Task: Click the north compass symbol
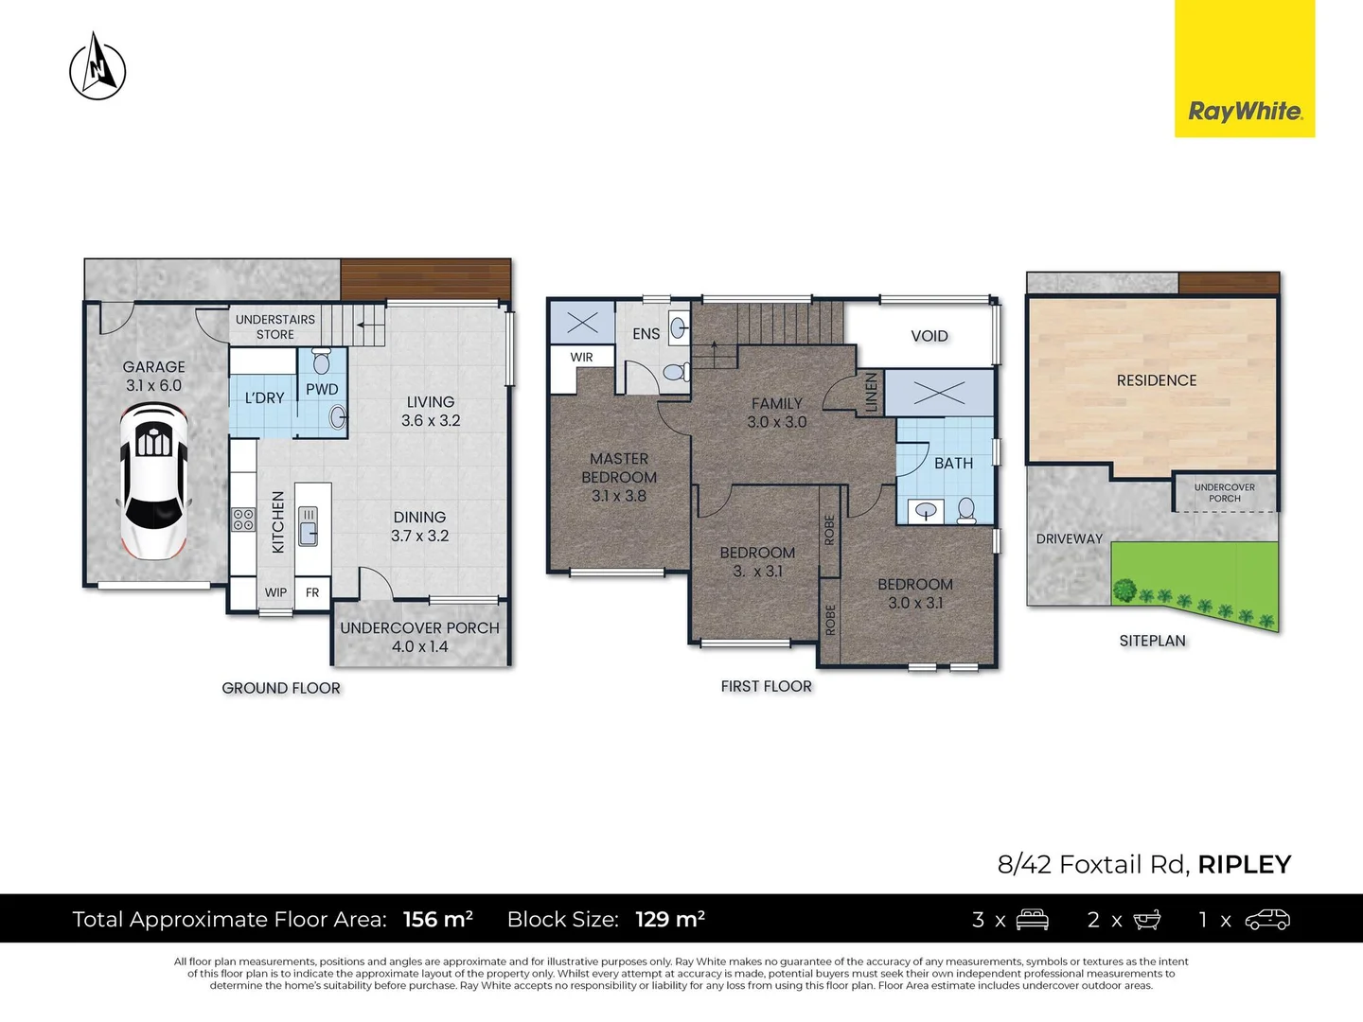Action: [97, 66]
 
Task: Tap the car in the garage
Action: [153, 481]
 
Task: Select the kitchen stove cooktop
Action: [243, 519]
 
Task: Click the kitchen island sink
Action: [309, 526]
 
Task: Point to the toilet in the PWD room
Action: [321, 361]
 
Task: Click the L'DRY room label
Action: [264, 398]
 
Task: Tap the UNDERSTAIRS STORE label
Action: [275, 326]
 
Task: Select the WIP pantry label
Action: [275, 593]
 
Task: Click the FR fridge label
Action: [312, 593]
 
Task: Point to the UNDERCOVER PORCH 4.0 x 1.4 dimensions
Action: [419, 647]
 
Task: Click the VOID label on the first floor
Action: [929, 336]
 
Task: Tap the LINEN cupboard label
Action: [872, 393]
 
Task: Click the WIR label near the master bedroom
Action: [581, 358]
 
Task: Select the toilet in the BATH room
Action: [966, 511]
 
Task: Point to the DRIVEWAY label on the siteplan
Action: [1069, 539]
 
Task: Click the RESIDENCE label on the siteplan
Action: [1156, 380]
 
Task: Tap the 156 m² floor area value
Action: [437, 920]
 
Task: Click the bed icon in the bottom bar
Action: [1032, 920]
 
